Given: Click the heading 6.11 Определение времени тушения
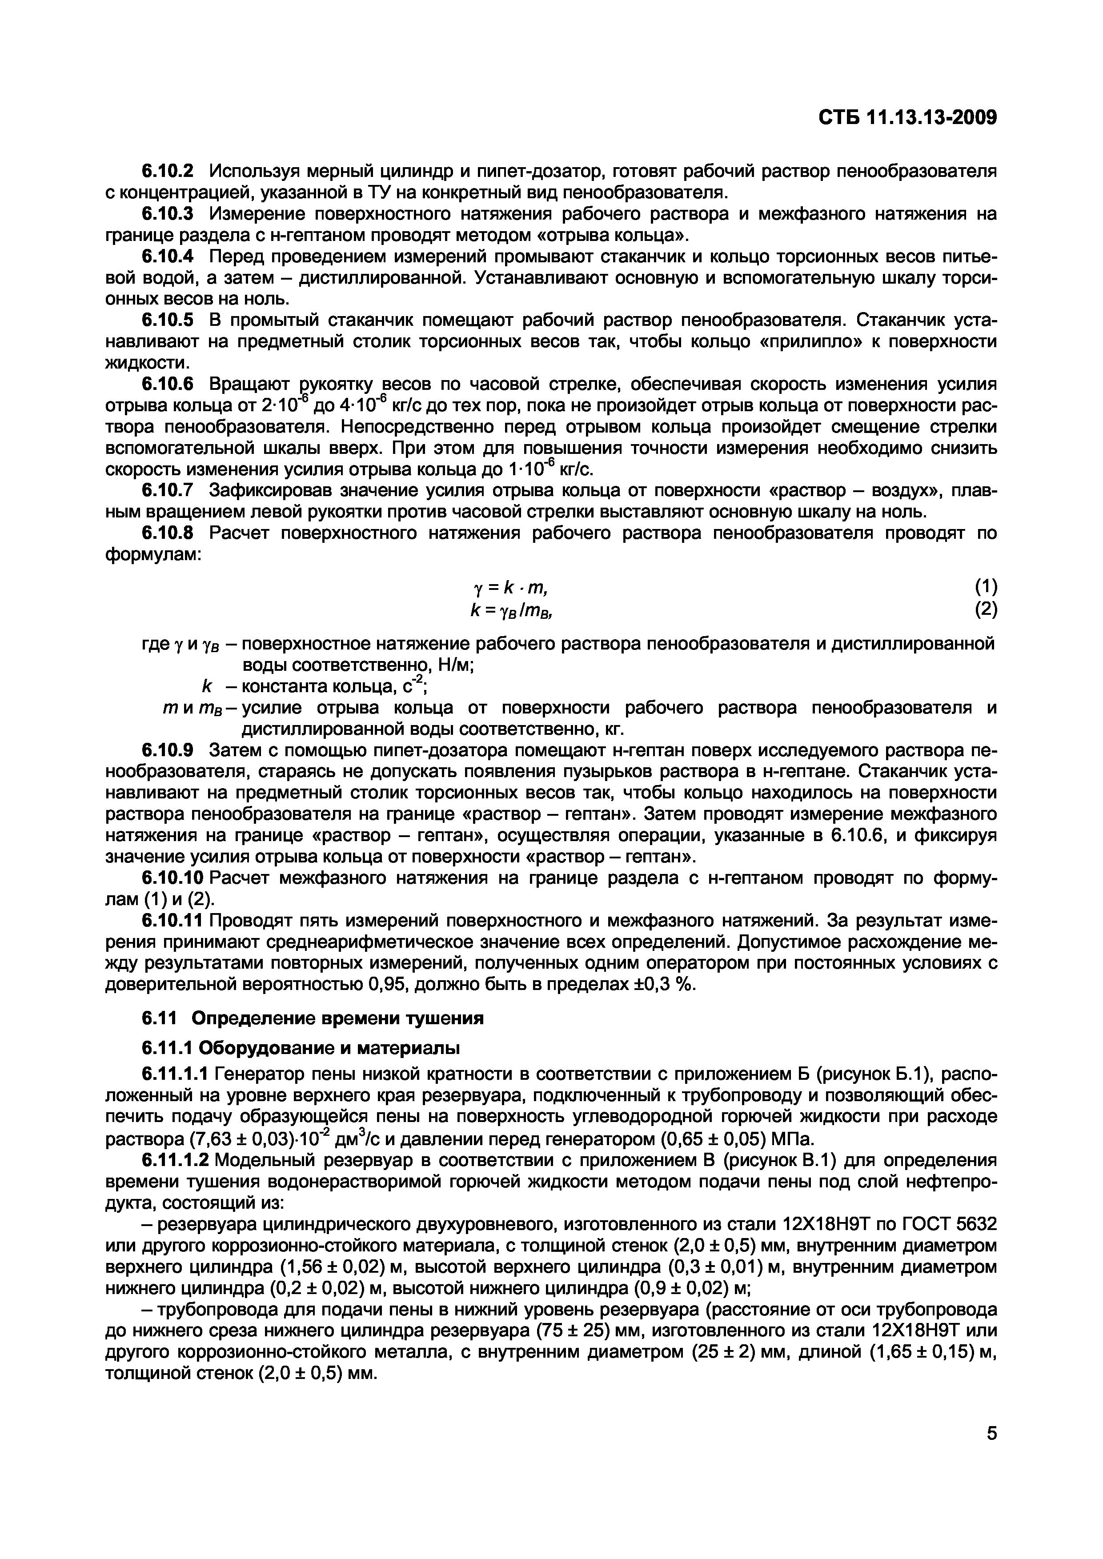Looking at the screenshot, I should click(x=313, y=1018).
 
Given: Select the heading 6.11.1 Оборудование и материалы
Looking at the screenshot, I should click(x=300, y=1048).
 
